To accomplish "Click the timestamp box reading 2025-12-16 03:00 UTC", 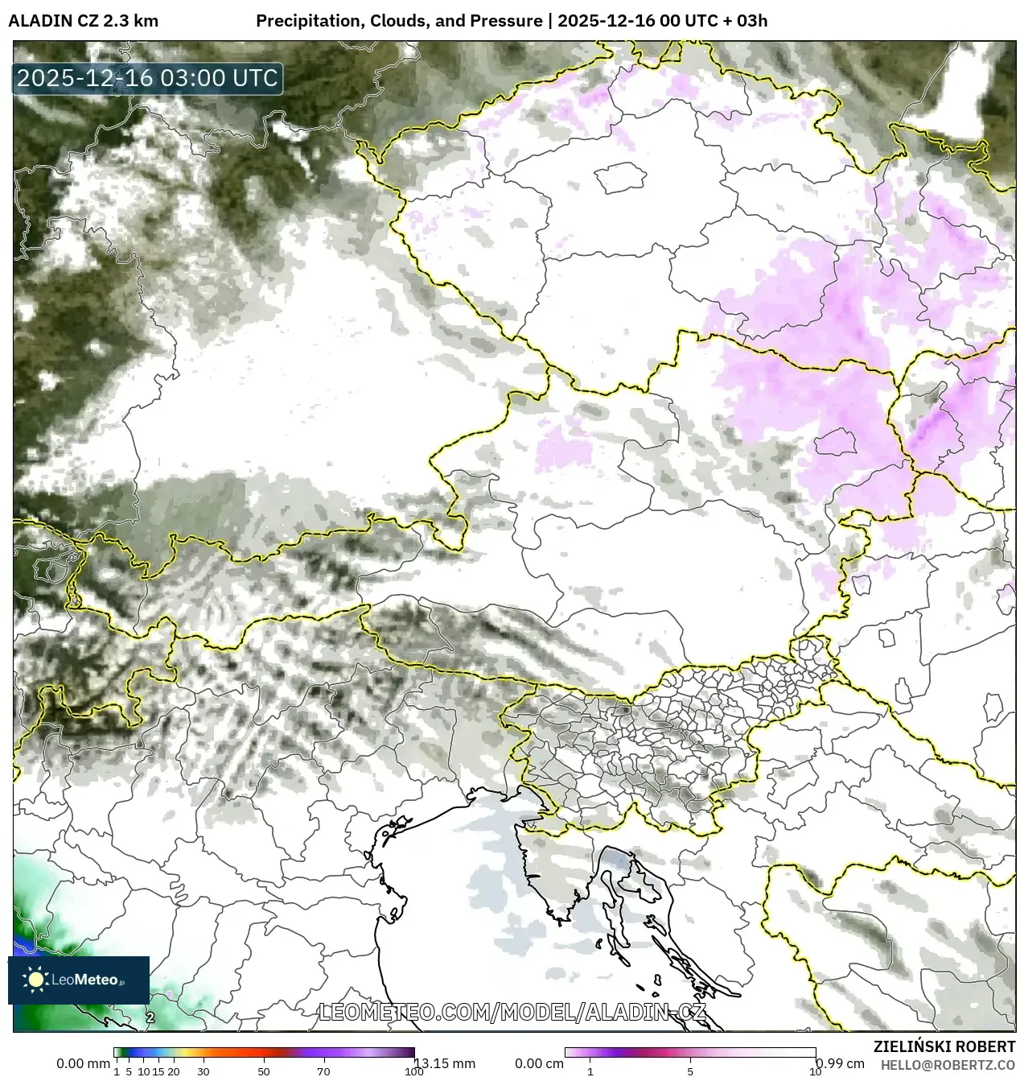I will coord(147,78).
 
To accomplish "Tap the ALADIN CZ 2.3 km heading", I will coord(84,21).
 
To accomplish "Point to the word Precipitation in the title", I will coord(308,21).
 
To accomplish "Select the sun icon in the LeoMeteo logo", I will coord(35,980).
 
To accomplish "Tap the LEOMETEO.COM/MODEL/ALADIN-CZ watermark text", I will coord(512,1012).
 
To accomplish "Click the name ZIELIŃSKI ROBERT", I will coord(944,1046).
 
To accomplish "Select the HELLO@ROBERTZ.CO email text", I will coord(948,1065).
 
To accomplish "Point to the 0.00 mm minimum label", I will coord(82,1063).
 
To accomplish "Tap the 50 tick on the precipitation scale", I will coord(264,1071).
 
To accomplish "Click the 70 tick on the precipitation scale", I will coord(323,1071).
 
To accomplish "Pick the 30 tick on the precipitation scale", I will coord(204,1071).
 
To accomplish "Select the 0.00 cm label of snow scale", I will coord(539,1063).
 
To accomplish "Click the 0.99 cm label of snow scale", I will coord(840,1063).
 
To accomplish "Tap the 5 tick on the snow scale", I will coord(690,1071).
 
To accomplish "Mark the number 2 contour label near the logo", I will coord(150,1017).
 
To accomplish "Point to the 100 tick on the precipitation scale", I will coord(413,1071).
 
